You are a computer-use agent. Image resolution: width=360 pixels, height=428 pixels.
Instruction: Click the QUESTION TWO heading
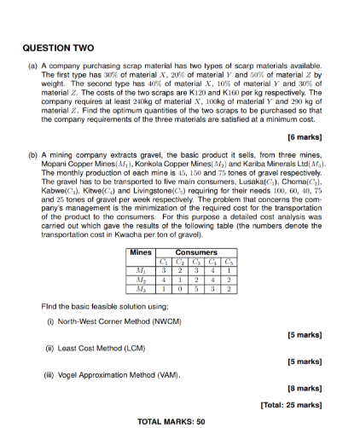tap(57, 49)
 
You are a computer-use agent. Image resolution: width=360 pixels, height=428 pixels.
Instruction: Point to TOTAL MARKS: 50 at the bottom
tap(171, 421)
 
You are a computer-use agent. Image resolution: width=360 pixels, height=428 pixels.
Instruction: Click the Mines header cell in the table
tap(140, 252)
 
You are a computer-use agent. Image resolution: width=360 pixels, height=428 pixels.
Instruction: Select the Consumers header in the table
tap(196, 252)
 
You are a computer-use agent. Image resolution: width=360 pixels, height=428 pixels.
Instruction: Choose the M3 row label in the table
tap(140, 290)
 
